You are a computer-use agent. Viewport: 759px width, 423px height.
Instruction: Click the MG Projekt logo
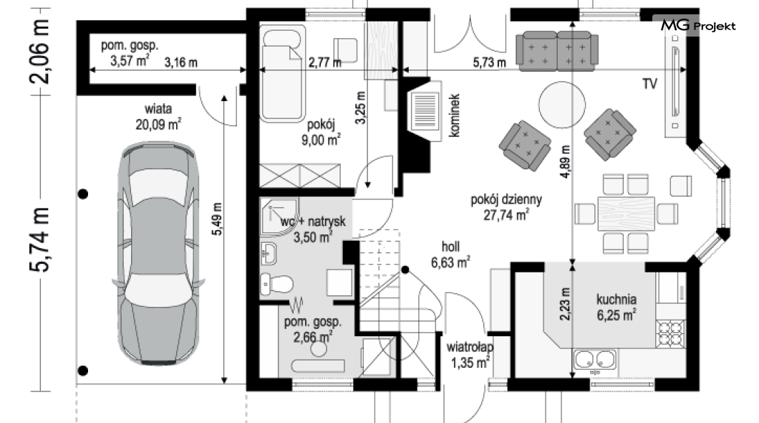[x=698, y=25]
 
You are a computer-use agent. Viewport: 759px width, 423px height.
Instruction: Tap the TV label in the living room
[x=649, y=84]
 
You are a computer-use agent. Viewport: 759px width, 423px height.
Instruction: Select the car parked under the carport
[x=158, y=253]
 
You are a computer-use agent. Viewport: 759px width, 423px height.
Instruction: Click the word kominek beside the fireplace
[x=454, y=115]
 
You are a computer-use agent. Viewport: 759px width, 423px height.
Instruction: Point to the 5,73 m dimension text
[x=489, y=62]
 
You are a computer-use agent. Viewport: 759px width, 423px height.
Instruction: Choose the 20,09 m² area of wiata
[x=158, y=125]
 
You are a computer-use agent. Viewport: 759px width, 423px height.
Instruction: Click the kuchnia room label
[x=617, y=299]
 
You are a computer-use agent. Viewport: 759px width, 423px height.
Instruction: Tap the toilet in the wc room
[x=276, y=284]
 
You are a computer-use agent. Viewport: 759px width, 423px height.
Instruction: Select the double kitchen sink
[x=595, y=359]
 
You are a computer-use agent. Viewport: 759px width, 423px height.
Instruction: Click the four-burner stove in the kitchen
[x=670, y=333]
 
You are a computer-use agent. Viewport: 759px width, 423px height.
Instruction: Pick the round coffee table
[x=561, y=105]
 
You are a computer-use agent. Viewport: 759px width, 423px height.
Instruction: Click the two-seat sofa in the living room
[x=556, y=51]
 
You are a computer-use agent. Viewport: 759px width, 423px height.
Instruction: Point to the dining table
[x=627, y=214]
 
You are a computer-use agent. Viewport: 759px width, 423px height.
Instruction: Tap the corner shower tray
[x=279, y=216]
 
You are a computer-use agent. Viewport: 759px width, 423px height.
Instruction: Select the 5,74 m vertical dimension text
[x=39, y=239]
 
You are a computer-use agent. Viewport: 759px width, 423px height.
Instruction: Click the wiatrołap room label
[x=470, y=347]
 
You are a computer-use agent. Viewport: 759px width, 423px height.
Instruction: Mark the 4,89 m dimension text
[x=565, y=162]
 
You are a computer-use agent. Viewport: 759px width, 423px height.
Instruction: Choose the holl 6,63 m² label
[x=450, y=255]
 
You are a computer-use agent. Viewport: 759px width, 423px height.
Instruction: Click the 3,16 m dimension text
[x=180, y=62]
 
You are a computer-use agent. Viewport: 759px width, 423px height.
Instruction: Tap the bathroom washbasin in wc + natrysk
[x=269, y=253]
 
